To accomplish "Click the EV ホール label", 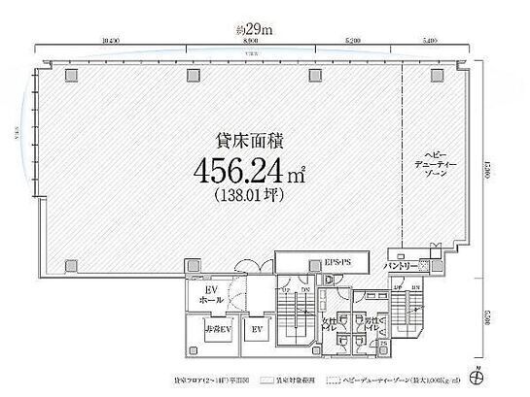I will click(210, 296).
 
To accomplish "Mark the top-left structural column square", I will click(71, 75).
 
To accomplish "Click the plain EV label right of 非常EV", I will click(258, 331).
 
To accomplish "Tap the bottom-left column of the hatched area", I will click(71, 264).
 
